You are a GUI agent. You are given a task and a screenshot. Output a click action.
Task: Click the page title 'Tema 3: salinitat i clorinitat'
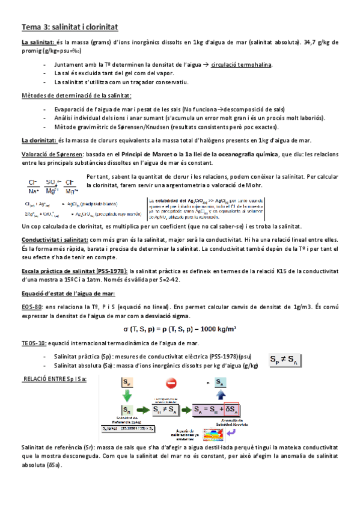point(70,27)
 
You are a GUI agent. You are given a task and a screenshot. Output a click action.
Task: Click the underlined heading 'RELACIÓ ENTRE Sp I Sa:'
point(54,378)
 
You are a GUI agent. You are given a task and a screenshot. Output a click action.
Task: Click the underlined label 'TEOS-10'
point(34,343)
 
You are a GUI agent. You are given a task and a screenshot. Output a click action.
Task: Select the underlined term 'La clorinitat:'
point(38,140)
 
